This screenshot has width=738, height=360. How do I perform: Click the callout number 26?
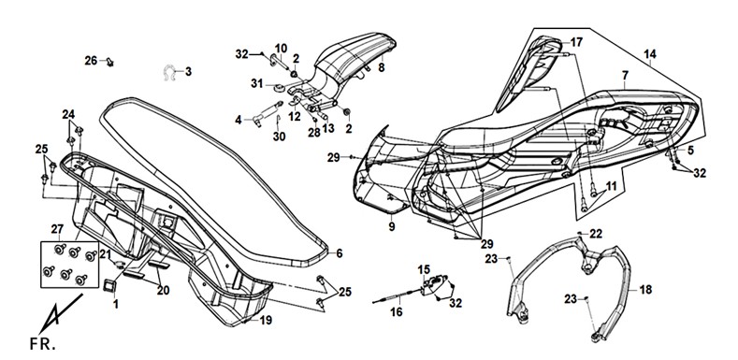coord(91,60)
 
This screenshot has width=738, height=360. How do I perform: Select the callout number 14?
coord(650,54)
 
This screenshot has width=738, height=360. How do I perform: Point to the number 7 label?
coord(625,75)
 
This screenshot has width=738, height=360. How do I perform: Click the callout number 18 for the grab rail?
coord(645,290)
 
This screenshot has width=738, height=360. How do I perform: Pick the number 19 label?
coord(266,321)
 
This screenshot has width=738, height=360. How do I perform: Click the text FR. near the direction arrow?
coord(42,343)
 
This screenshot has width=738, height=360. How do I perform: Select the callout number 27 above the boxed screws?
coord(57,229)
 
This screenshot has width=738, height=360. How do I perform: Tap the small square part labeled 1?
coord(111,285)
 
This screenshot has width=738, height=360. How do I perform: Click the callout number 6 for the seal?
coord(340,253)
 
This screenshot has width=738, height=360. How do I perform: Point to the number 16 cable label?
coord(397,311)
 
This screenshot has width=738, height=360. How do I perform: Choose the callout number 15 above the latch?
coord(424,269)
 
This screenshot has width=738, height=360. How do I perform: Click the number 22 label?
coord(596,234)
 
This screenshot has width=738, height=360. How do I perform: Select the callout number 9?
coord(392,227)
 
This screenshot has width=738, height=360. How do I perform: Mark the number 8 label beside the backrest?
coord(381,67)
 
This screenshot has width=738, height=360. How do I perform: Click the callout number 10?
coord(281,48)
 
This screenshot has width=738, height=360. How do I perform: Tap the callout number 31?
coord(256,83)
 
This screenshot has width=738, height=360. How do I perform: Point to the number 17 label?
coord(576,42)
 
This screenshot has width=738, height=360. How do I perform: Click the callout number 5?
coord(690,151)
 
